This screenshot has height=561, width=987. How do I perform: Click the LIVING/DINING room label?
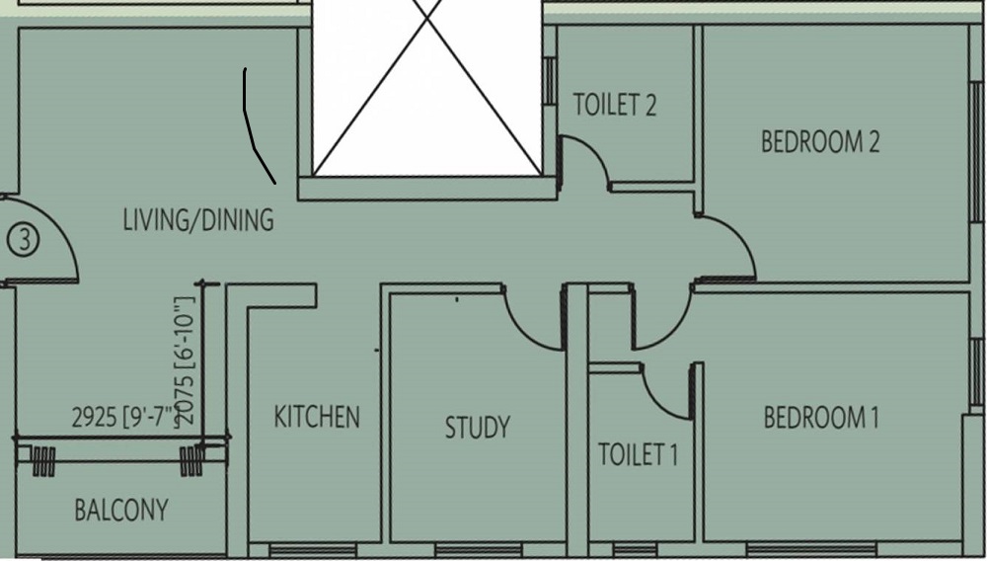coord(197,219)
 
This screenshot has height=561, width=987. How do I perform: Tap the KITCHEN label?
coord(317,417)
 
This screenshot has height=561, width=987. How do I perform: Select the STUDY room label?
coord(477,428)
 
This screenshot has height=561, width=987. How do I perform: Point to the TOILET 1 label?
coord(639,455)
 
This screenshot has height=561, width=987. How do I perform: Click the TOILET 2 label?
coord(615,106)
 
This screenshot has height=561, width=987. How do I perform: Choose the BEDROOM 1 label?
coord(821,418)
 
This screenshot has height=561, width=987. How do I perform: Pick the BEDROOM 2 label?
coord(820,142)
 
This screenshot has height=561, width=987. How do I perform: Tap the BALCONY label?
coord(121,511)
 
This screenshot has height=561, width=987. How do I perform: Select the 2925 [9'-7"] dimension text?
coord(121,418)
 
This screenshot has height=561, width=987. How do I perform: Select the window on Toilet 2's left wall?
coord(550,79)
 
